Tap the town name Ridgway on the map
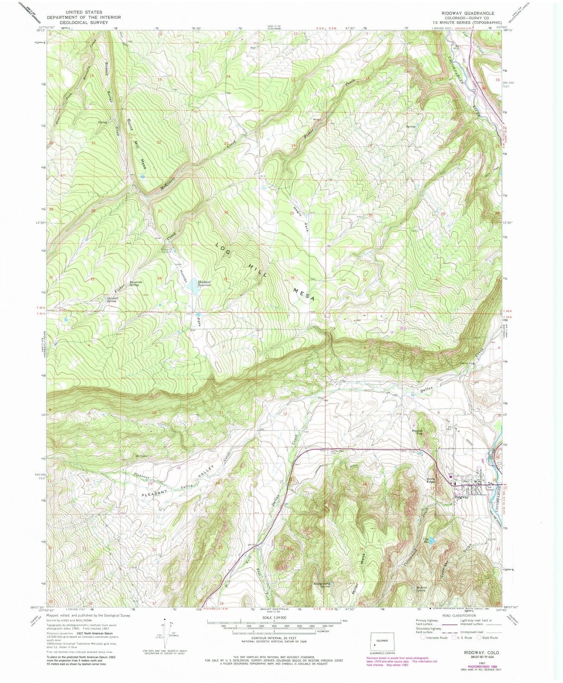(x=461, y=497)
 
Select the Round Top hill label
(x=417, y=433)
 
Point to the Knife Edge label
(x=432, y=481)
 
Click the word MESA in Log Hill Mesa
(x=304, y=295)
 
